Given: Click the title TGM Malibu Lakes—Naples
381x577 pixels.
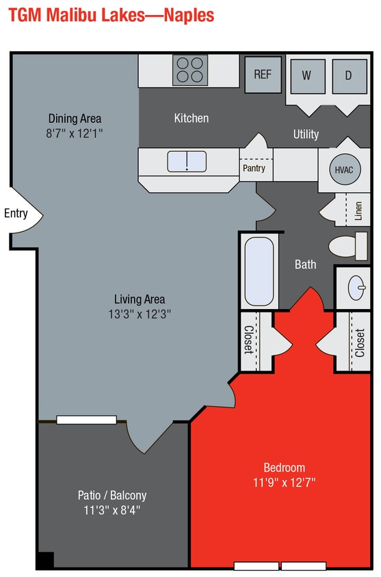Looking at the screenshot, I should coord(111,15).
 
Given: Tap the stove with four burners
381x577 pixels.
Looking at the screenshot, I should coord(190,69).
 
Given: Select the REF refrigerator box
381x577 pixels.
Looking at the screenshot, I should coord(263,74).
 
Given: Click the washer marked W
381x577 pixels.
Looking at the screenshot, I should coord(306,76).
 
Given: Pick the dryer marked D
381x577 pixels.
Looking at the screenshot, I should coord(348,76).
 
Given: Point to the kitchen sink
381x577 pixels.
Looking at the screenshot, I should coord(187,161).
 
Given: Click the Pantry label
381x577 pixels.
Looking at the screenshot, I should coord(254,168).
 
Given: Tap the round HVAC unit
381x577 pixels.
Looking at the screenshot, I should coord(343,170).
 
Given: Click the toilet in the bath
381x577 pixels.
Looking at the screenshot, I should coord(347,246).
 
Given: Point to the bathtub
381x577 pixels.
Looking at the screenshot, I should coord(259,271).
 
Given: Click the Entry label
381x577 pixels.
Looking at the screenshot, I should coord(16,213).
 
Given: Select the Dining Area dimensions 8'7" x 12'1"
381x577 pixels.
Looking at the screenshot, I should coord(75,133).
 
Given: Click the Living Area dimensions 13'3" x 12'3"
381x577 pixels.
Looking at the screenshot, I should coord(139,314).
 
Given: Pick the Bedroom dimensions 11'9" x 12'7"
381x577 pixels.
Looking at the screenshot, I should coord(284,483).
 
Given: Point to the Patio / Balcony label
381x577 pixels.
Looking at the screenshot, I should coord(111,495).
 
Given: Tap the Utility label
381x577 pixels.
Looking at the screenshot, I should coord(306,134).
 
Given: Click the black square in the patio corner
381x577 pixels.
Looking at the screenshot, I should coord(44,559).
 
